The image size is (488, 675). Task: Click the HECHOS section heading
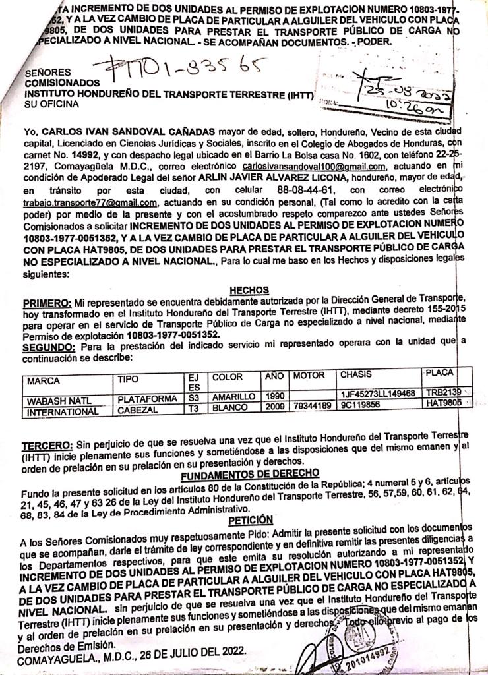(x=249, y=290)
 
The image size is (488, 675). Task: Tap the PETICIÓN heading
(x=250, y=520)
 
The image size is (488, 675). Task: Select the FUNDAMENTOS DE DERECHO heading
(x=250, y=473)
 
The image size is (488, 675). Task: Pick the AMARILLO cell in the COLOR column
(x=233, y=397)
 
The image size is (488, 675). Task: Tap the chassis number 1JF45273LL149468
(x=377, y=394)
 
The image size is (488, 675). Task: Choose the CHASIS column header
(x=356, y=374)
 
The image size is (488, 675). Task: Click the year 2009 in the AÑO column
(x=274, y=407)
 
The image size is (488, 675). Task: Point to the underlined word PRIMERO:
(x=47, y=303)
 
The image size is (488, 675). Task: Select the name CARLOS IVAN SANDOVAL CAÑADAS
(x=129, y=131)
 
